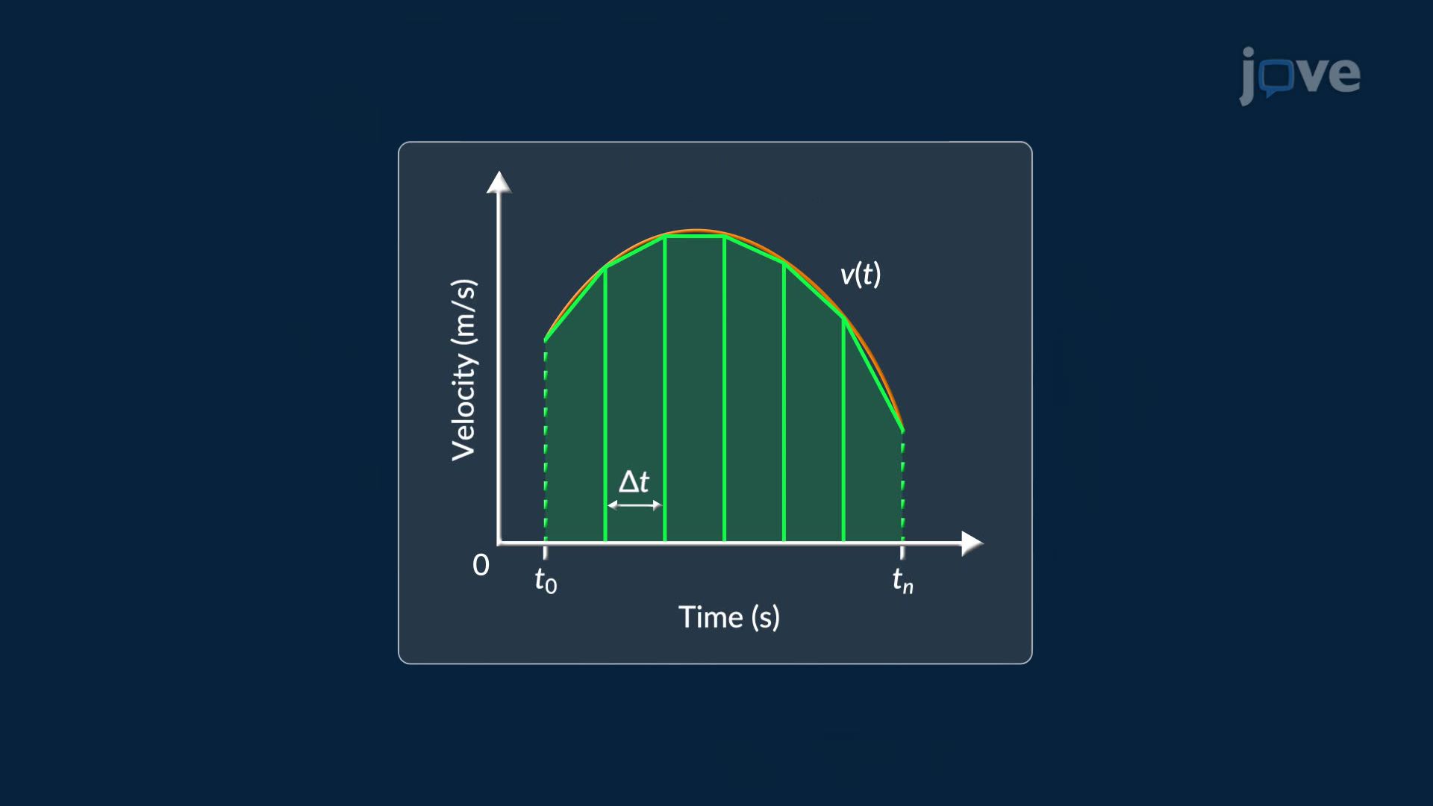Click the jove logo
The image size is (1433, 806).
1299,75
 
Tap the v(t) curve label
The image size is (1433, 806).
861,275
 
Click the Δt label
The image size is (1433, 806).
634,481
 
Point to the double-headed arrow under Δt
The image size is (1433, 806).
634,505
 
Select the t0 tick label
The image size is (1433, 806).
546,581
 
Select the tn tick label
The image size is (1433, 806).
902,581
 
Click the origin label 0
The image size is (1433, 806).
481,565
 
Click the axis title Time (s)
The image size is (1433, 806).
729,617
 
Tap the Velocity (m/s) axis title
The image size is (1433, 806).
463,370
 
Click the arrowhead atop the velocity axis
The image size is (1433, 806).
499,183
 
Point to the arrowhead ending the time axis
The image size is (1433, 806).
972,543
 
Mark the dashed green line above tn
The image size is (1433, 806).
903,486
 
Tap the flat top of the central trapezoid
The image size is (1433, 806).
694,237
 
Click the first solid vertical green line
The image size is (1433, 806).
605,404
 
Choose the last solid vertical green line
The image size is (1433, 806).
843,430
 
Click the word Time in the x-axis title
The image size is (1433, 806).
711,617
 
